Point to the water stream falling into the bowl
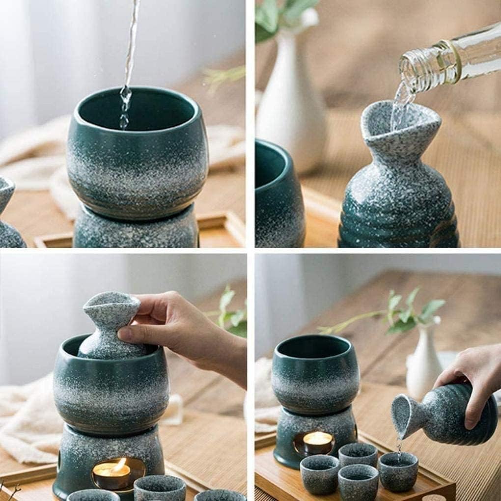pos(129,59)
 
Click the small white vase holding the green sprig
pos(423,363)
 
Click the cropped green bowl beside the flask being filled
pos(278,196)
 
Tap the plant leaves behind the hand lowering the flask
pos(231,314)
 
